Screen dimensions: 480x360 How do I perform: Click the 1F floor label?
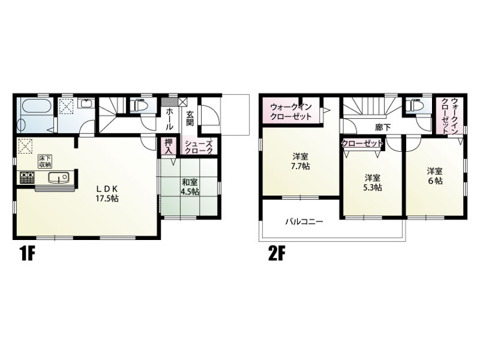27,254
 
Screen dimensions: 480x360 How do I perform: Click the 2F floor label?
276,254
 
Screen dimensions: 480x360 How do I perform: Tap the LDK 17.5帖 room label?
108,193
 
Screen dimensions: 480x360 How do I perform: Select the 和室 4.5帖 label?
190,187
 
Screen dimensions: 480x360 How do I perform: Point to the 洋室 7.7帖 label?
300,162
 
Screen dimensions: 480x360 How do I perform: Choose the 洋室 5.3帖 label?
372,182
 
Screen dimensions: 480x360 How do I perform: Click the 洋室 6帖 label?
435,176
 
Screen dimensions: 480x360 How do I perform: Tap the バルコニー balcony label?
304,221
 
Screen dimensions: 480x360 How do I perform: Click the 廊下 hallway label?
383,127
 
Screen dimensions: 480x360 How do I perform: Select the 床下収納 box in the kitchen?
45,162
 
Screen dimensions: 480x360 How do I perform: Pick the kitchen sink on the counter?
58,178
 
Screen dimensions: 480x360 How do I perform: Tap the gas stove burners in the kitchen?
27,178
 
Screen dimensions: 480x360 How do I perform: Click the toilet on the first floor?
139,106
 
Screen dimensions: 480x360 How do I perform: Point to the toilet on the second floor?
414,106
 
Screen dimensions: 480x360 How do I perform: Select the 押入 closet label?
169,147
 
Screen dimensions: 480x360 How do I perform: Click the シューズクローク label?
198,147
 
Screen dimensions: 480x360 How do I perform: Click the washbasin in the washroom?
86,104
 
